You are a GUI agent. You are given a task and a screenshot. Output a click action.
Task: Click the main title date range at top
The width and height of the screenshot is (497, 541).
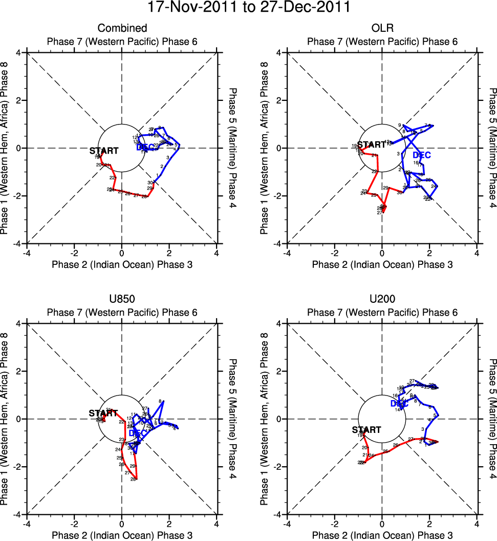[x=249, y=8]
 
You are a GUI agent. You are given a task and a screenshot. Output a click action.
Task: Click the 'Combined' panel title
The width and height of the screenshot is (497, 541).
[x=122, y=28]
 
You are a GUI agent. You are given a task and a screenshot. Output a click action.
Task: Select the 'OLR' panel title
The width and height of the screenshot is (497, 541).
[x=382, y=28]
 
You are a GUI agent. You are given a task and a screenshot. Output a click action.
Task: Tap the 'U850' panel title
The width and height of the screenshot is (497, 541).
[x=122, y=299]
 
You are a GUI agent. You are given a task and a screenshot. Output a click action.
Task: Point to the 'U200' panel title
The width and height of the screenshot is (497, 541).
[x=382, y=299]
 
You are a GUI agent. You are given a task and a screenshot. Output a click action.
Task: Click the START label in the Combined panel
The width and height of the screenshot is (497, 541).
[x=104, y=151]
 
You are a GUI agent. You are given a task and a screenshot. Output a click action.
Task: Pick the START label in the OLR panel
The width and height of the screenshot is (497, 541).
[x=371, y=145]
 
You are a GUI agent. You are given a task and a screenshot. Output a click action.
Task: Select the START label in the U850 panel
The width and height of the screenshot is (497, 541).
[x=103, y=413]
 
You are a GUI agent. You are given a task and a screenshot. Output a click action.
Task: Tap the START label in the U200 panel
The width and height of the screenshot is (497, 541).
[x=366, y=430]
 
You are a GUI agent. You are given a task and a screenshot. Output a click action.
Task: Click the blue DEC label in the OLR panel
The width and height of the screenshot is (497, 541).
[x=421, y=155]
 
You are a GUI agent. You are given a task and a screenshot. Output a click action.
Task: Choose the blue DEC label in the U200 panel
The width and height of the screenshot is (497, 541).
[x=399, y=404]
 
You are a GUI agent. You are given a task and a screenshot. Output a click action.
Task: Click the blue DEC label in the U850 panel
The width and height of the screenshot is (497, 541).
[x=138, y=433]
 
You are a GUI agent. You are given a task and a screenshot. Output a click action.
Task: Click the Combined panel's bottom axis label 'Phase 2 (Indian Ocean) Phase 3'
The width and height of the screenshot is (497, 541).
[x=122, y=264]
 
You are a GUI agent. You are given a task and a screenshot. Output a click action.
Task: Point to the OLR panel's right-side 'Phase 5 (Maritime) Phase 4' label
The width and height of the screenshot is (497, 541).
[x=492, y=148]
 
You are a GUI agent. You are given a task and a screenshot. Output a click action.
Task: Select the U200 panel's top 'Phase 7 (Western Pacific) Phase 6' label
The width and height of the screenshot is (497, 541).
[x=382, y=313]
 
